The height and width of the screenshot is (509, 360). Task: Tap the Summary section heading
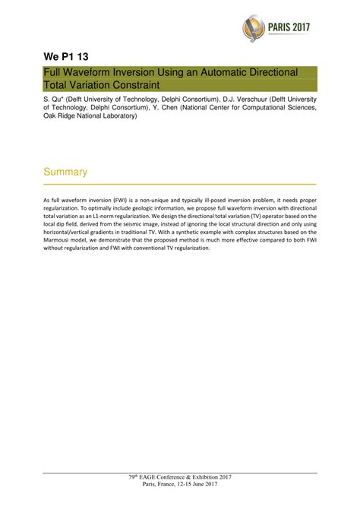point(65,172)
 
